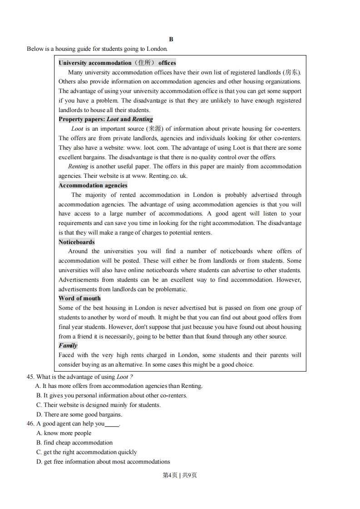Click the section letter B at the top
[x=171, y=39]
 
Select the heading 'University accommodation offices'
[x=117, y=63]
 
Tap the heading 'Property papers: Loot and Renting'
[x=106, y=119]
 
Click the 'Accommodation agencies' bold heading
[x=93, y=185]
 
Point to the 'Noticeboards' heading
[x=77, y=242]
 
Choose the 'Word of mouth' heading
[x=79, y=298]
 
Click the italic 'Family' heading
[x=68, y=345]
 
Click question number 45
[x=31, y=377]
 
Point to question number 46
[x=31, y=424]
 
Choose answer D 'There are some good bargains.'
[x=79, y=414]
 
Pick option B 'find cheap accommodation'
[x=74, y=442]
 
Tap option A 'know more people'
[x=64, y=433]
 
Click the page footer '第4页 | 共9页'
[x=180, y=475]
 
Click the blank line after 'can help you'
[x=112, y=424]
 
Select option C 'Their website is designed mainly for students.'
[x=99, y=405]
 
